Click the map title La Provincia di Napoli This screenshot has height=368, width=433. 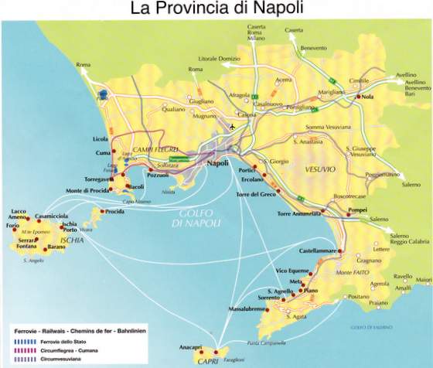point(216,10)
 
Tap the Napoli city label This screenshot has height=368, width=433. point(223,163)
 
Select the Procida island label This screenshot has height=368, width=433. point(114,211)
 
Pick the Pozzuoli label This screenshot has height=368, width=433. point(158,175)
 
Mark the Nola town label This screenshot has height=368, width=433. point(367,97)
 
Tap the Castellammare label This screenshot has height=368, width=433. point(319,251)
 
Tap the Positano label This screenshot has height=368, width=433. point(358,297)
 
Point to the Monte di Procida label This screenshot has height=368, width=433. point(87,190)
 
